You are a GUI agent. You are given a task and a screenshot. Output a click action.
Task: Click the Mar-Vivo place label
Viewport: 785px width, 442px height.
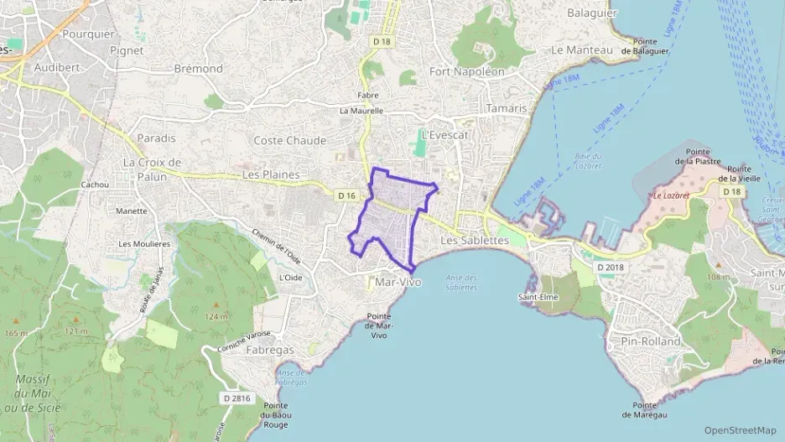pos(398,283)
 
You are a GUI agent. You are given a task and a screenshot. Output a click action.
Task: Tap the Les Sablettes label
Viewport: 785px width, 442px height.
pos(475,240)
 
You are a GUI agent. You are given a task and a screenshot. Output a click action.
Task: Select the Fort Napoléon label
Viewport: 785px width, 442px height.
pos(467,71)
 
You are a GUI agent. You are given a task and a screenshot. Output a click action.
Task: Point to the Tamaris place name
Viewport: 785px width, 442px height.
pos(507,108)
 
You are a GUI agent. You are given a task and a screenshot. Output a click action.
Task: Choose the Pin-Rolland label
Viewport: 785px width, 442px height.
pos(651,341)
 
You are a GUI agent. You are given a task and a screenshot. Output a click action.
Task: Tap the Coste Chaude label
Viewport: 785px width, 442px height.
pos(289,140)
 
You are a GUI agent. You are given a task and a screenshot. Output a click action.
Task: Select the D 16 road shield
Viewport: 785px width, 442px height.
pos(347,195)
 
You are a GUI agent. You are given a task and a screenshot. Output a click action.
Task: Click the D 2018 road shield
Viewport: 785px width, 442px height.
pos(610,268)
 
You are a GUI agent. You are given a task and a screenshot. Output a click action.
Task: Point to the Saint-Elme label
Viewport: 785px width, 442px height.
pos(539,297)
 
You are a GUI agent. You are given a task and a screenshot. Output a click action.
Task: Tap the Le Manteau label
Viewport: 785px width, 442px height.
pos(582,49)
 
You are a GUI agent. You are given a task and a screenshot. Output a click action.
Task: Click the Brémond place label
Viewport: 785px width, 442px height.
pos(198,68)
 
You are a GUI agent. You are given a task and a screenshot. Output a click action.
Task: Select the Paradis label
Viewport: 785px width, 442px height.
pos(157,138)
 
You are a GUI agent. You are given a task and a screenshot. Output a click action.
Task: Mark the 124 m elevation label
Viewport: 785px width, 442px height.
pos(216,316)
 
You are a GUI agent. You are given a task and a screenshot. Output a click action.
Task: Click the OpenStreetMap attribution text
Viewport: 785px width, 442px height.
pos(740,430)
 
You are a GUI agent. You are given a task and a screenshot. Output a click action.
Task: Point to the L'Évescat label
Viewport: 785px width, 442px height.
pos(444,134)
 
